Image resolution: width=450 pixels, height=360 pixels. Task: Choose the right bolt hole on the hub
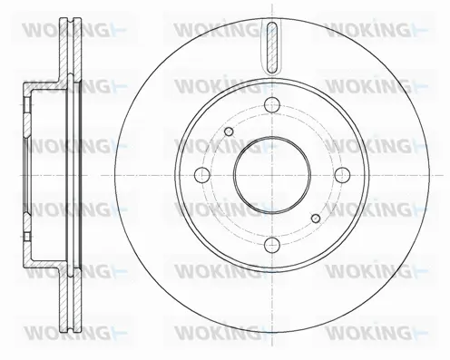(341, 174)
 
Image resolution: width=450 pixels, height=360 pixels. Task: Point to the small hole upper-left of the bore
(229, 134)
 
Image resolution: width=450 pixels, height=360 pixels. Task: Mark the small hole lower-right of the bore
(315, 217)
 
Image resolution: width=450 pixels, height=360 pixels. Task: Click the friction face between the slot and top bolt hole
(272, 83)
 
